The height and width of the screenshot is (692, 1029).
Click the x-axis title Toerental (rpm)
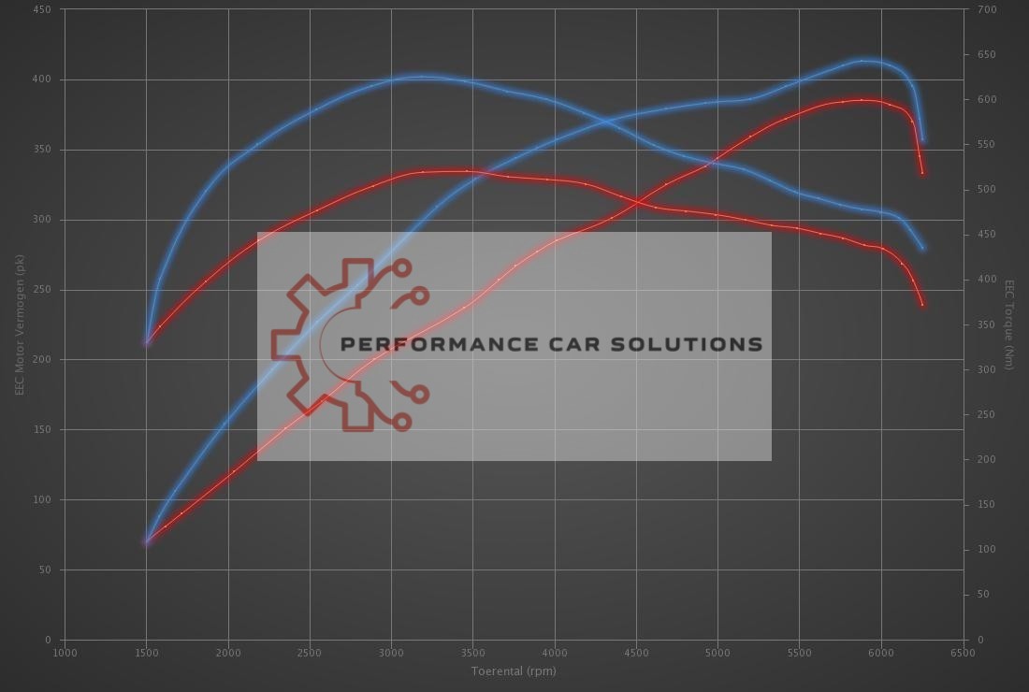(514, 670)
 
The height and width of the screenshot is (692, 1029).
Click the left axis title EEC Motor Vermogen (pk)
(19, 324)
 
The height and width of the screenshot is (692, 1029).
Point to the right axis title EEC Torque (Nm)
(1009, 324)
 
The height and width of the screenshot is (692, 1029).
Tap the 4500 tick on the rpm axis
(636, 653)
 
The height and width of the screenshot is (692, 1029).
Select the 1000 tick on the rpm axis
(65, 653)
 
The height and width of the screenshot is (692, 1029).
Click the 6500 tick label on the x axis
(963, 653)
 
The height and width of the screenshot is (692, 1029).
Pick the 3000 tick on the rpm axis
(391, 653)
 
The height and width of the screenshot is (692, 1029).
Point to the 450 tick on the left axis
(43, 9)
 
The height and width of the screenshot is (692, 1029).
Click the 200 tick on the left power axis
(43, 360)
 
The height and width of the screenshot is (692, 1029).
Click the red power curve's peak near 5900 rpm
(862, 99)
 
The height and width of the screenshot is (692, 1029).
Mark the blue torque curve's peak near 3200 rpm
(421, 77)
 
